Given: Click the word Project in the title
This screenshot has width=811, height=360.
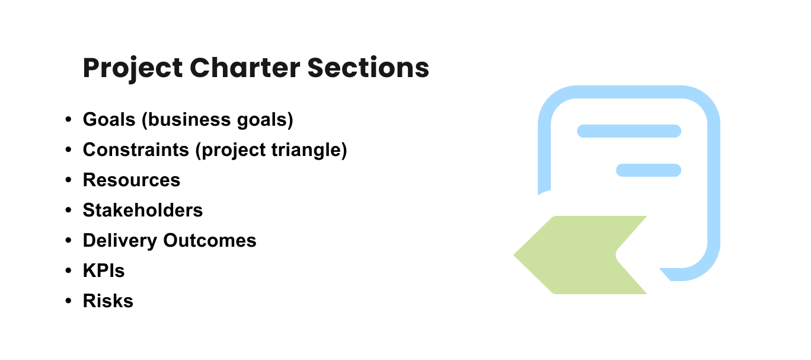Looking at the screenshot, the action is [x=133, y=68].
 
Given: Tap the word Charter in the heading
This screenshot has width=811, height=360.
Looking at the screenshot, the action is [x=245, y=68].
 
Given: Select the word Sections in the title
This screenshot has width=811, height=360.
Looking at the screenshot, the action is [x=368, y=68].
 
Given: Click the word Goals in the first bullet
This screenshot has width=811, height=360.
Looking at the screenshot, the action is [x=109, y=119].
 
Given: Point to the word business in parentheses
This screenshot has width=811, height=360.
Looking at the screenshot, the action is [x=189, y=119].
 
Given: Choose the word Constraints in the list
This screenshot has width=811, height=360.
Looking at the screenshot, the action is [x=136, y=149].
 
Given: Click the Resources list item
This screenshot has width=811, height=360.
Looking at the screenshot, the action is [x=132, y=180].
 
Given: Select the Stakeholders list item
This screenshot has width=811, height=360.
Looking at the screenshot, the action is [x=143, y=210].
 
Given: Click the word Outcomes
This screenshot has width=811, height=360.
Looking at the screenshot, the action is [x=210, y=240].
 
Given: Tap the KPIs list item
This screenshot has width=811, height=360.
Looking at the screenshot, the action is [x=104, y=270].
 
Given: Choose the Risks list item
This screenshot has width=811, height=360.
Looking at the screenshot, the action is [x=108, y=301].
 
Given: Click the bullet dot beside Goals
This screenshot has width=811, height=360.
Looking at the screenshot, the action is [x=68, y=120].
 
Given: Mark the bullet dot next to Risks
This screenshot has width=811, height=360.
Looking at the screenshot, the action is [x=68, y=301].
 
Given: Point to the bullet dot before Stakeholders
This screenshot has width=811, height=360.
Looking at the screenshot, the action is [x=68, y=210].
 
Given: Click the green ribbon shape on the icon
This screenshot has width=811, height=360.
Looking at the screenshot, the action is [x=576, y=255].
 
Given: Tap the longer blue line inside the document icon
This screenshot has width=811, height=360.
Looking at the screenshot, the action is [x=629, y=131].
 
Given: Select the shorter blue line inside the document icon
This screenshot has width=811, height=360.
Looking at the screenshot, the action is [x=649, y=170].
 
